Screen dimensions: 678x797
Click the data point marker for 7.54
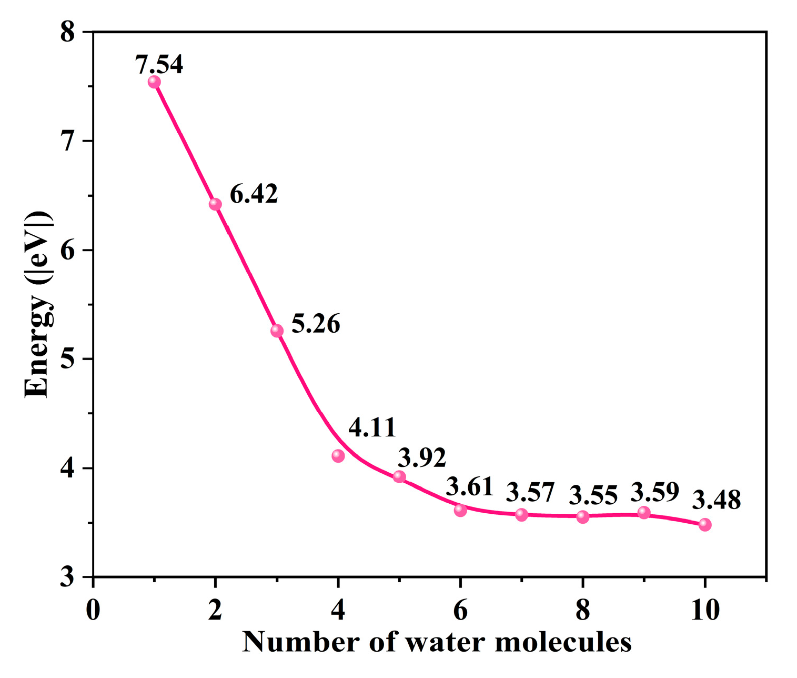pos(154,82)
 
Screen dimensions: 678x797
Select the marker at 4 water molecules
pos(338,456)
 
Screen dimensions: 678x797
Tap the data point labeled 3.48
pos(705,525)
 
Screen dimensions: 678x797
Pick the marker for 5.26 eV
pos(277,331)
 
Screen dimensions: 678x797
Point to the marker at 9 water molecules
pos(644,513)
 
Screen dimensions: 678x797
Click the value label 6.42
pos(254,194)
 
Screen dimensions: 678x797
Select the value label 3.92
pos(422,457)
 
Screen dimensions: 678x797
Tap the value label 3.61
pos(469,486)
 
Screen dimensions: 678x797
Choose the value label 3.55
pos(593,495)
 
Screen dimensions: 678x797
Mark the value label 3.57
pos(530,493)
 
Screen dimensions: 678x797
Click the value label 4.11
pos(372,427)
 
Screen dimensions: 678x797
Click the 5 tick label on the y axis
pos(68,360)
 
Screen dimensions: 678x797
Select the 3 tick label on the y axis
pos(68,577)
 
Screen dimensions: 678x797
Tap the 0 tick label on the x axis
pos(93,611)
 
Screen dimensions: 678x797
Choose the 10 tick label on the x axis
pos(705,611)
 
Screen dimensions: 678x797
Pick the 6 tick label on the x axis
pos(460,611)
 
